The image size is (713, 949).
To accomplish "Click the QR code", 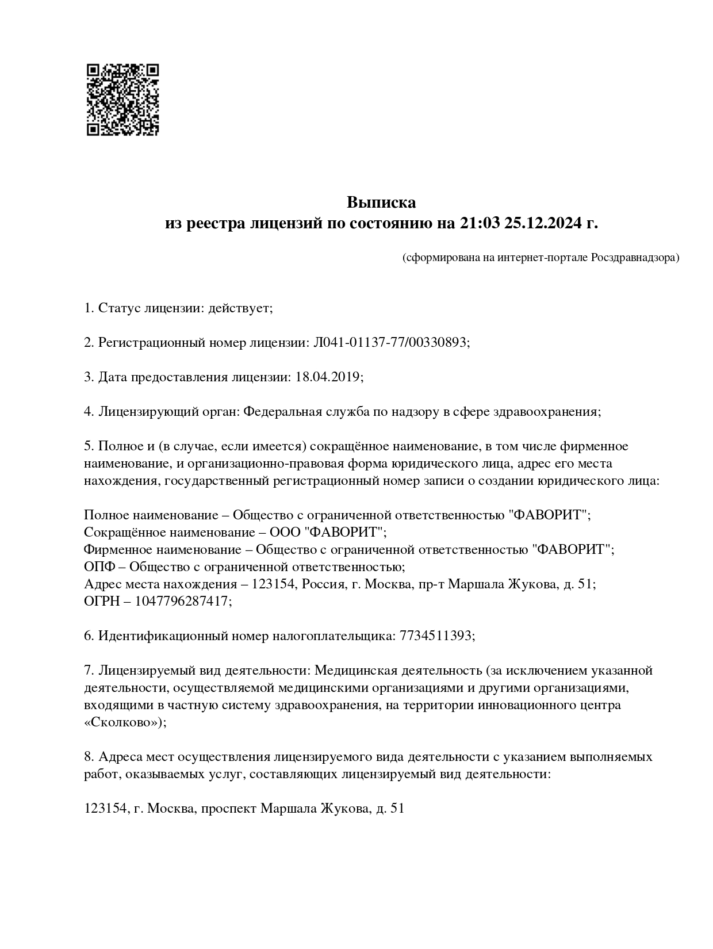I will (x=122, y=100).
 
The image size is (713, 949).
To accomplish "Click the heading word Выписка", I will (x=381, y=202).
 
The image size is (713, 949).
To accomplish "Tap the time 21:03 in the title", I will (x=480, y=223).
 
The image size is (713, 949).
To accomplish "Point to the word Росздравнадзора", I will (x=635, y=258).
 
